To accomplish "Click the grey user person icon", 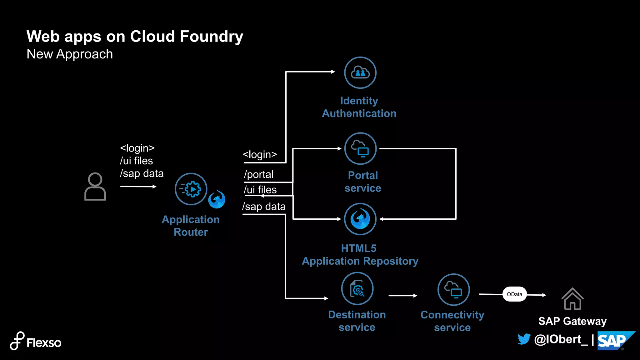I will pos(95,187).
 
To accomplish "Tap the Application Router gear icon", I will pos(191,189).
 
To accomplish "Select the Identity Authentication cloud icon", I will pos(360,73).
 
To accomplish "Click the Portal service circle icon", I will pos(360,149).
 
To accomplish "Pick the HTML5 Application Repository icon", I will pos(360,219).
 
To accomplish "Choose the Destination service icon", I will pos(357,289).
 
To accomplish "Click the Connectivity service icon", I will pos(453,290).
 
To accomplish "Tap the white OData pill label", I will pos(514,294).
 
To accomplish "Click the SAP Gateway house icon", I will pos(572,299).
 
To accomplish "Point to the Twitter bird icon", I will pos(524,339).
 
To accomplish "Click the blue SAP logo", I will pos(614,341).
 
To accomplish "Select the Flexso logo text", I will pos(44,343).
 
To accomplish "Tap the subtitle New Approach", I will pos(70,54).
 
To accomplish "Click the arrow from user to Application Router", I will pos(138,187).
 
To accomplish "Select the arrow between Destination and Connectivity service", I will pos(403,295).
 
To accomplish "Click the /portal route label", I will pos(259,174).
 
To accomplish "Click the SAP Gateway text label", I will pos(572,321).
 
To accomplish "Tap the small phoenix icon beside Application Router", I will pos(217,199).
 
